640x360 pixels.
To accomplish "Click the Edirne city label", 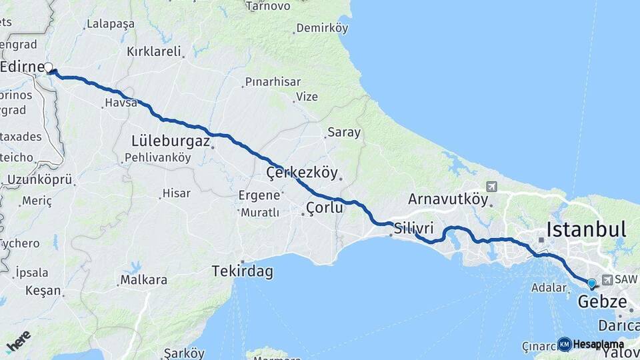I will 23,67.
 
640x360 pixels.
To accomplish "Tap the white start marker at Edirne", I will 48,67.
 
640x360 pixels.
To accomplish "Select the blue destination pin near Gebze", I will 591,283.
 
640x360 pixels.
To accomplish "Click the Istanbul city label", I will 586,230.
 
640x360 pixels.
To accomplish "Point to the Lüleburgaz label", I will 171,141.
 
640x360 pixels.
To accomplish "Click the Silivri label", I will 414,227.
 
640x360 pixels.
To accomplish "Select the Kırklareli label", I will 154,51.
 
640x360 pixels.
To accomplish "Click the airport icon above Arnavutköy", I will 492,187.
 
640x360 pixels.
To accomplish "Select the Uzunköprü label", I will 39,180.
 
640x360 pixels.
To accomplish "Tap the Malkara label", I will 143,280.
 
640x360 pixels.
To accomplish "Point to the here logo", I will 19,342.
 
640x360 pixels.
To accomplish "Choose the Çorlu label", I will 324,208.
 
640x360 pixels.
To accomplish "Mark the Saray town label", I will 343,132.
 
